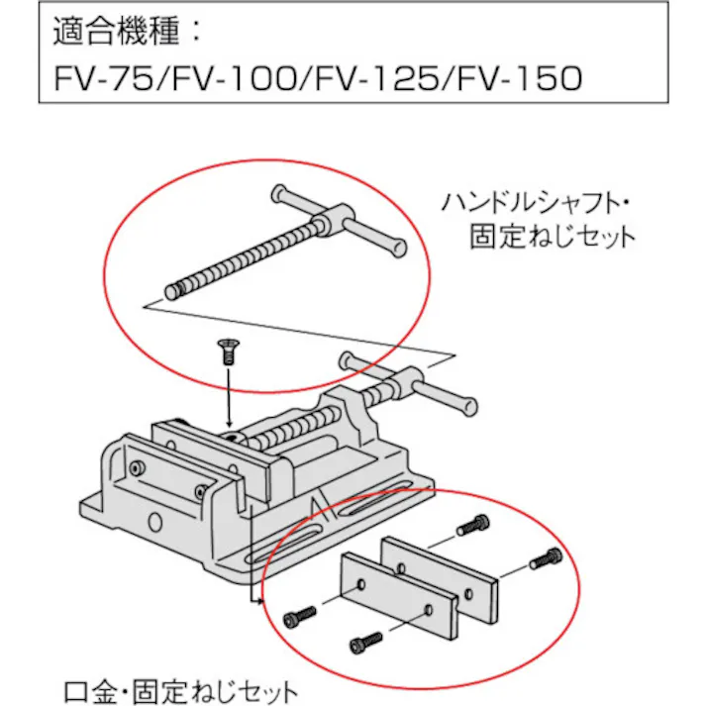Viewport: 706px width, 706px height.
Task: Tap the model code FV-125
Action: pos(379,77)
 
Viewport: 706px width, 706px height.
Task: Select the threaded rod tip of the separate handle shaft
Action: pos(175,291)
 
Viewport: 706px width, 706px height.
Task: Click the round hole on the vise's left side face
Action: pos(153,522)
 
